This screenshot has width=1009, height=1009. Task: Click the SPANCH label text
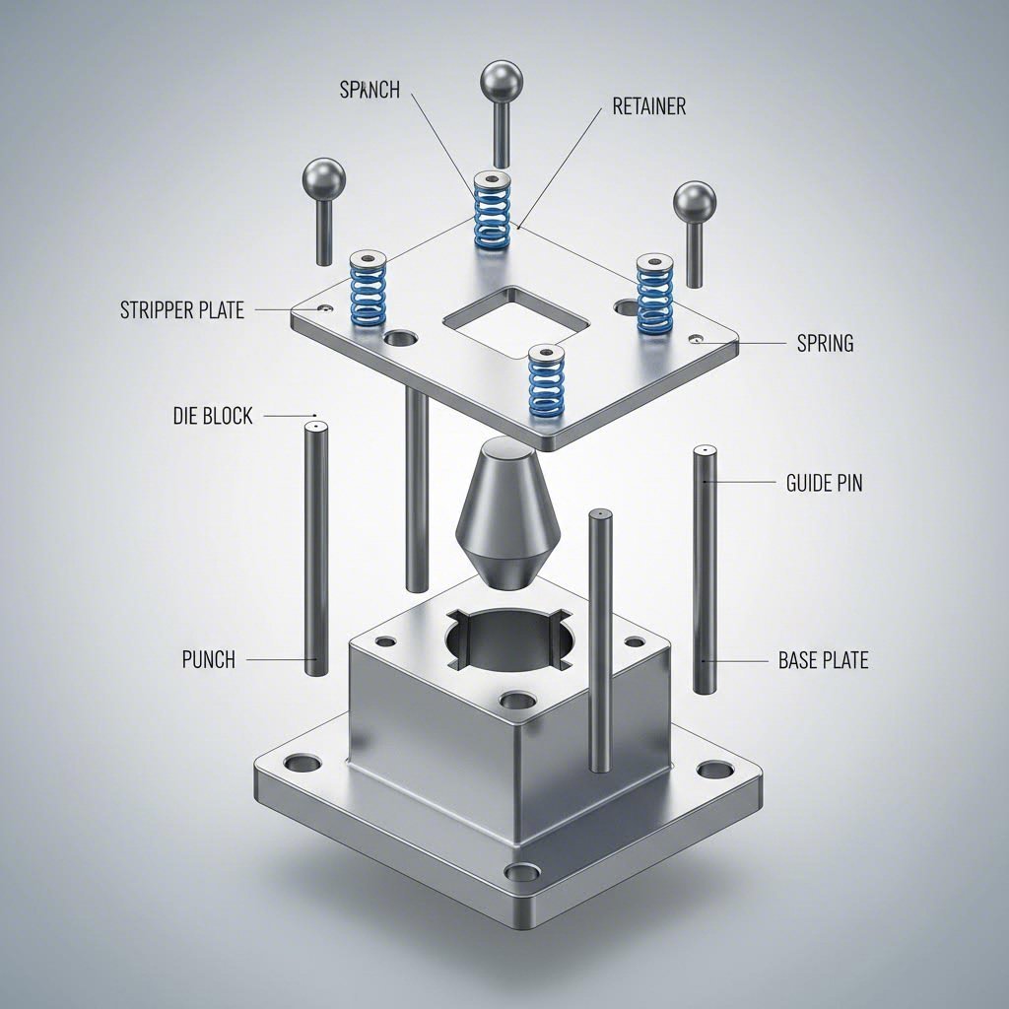click(x=370, y=90)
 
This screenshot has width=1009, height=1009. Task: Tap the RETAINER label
click(x=648, y=106)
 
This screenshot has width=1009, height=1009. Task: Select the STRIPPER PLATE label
click(x=182, y=310)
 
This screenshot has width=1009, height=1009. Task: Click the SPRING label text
click(x=825, y=344)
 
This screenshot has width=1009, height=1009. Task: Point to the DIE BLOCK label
click(x=213, y=416)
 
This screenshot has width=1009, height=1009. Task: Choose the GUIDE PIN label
click(x=824, y=483)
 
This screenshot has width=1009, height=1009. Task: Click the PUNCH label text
click(x=209, y=659)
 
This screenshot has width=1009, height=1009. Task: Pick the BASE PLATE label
click(x=823, y=660)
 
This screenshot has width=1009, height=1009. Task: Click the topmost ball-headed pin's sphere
click(x=501, y=81)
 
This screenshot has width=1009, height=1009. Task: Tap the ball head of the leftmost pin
click(x=325, y=177)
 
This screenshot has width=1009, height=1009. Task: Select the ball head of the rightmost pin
click(x=695, y=201)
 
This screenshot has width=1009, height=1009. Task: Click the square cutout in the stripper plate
click(x=516, y=321)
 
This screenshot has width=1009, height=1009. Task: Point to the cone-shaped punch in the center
click(x=508, y=512)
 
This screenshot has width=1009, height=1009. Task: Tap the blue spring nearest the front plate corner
click(x=546, y=379)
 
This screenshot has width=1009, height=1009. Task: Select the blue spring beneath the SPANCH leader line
click(x=492, y=210)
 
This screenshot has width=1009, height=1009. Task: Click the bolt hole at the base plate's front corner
click(x=521, y=872)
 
